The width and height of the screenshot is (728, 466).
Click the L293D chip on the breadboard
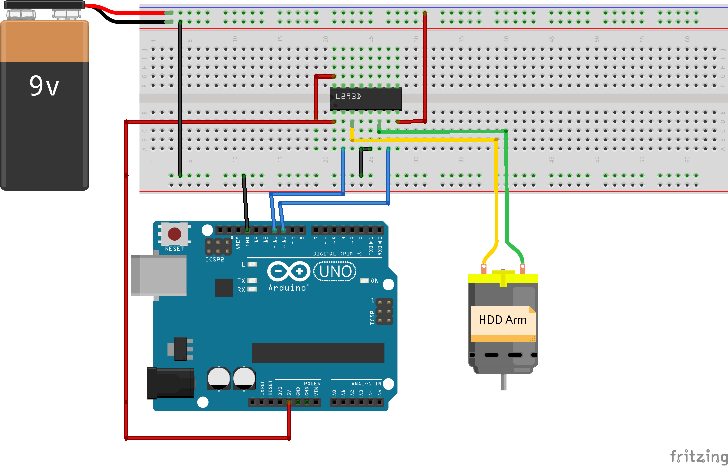click(x=366, y=98)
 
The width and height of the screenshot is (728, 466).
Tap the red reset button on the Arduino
click(x=174, y=234)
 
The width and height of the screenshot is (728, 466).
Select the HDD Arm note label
click(x=502, y=320)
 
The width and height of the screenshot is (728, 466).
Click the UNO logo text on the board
click(x=335, y=271)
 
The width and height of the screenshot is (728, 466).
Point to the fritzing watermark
click(x=698, y=456)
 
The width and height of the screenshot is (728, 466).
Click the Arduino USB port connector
click(x=158, y=275)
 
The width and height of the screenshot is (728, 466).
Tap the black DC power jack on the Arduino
click(x=171, y=383)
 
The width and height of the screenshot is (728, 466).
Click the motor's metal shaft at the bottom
click(x=503, y=382)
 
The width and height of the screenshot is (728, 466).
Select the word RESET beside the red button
click(x=174, y=249)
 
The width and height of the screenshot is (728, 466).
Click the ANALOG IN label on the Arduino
click(x=366, y=384)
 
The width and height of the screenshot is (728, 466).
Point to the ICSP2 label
click(x=214, y=259)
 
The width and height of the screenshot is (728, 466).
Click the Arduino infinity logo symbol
click(x=288, y=271)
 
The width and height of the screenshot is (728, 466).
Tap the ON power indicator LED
click(x=364, y=281)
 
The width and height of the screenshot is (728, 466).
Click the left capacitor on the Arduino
click(x=219, y=378)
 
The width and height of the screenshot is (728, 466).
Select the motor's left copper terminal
click(x=484, y=268)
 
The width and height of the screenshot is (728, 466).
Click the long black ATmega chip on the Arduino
click(x=318, y=353)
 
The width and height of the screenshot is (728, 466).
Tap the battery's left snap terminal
click(x=21, y=14)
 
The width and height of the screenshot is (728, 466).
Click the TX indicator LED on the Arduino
click(x=252, y=280)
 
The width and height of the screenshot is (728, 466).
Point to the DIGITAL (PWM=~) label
click(x=337, y=254)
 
